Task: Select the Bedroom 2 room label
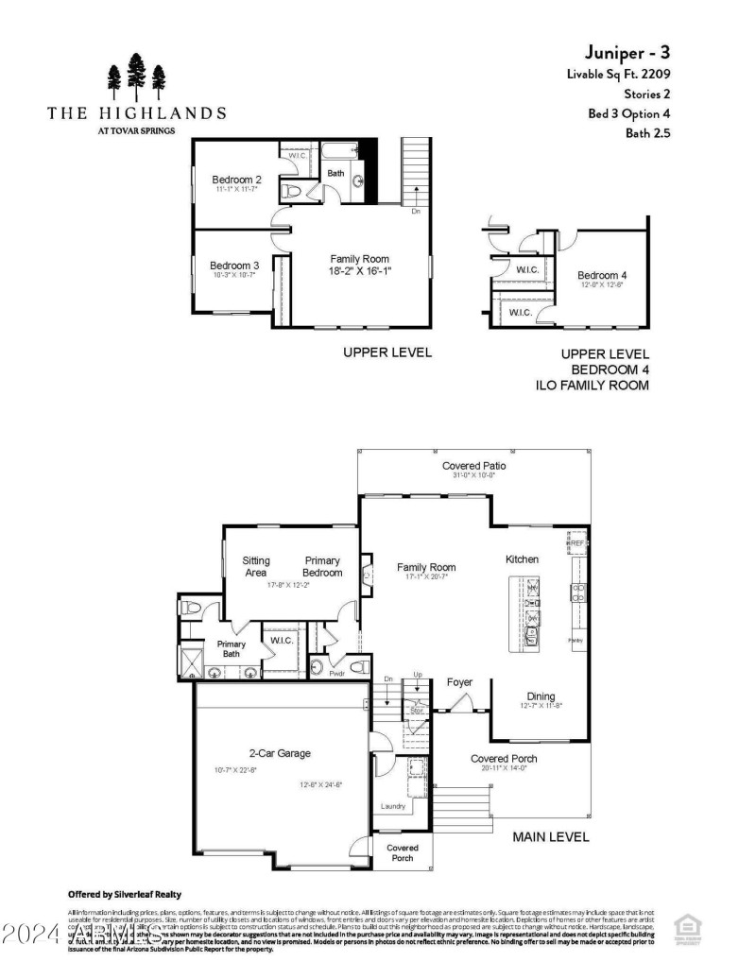236,180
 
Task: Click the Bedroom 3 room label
234,266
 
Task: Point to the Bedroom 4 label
602,275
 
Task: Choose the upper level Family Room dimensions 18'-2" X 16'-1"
359,270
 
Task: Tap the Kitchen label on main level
522,559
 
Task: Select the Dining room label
541,696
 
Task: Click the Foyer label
460,682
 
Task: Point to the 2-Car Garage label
280,753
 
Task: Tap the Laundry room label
393,806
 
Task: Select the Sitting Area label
256,566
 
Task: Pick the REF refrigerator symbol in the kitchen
576,544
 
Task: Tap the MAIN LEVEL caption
550,836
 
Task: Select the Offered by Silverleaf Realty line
125,894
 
